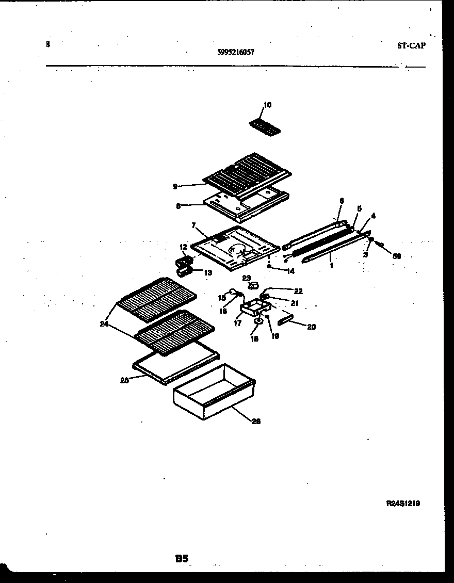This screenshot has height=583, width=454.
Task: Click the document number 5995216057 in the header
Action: pos(235,52)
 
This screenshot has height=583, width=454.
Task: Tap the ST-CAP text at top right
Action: pos(411,45)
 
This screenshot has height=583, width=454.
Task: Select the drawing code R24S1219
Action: pos(403,503)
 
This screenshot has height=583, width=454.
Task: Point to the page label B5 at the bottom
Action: pos(182,558)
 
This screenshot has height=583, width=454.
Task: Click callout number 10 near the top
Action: pos(267,105)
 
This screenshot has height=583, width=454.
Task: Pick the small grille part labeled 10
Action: pos(264,126)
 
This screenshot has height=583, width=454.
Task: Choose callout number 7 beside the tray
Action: pos(193,225)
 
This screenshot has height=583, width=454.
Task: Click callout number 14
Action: pos(290,270)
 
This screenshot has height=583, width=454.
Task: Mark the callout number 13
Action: pos(207,272)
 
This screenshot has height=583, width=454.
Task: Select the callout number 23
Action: pos(246,278)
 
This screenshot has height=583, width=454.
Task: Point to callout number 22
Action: pos(298,291)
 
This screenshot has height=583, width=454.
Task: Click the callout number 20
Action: pos(311,327)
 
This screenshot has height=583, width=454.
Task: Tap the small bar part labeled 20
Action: pos(285,321)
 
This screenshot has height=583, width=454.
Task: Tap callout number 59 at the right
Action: pos(397,255)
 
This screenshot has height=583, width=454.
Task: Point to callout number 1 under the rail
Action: pos(331,265)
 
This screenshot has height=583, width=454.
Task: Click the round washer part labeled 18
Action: pos(257,324)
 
